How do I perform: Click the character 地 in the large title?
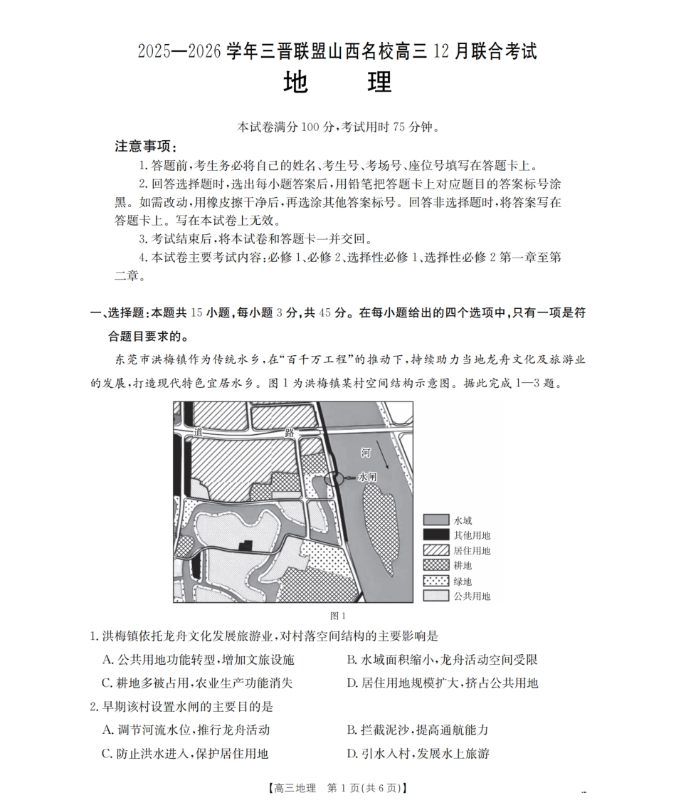[295, 83]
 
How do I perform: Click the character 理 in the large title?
[379, 83]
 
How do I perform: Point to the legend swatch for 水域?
[435, 520]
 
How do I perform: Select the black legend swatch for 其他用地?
[435, 535]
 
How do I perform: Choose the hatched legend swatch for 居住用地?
[435, 550]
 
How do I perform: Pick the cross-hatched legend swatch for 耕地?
[435, 565]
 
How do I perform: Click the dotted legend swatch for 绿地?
[435, 581]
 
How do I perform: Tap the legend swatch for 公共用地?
[435, 596]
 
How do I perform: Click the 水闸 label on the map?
[368, 477]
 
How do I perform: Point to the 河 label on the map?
[365, 453]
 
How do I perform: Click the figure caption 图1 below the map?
[337, 616]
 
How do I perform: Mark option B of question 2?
[417, 730]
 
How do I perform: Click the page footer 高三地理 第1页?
[337, 788]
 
